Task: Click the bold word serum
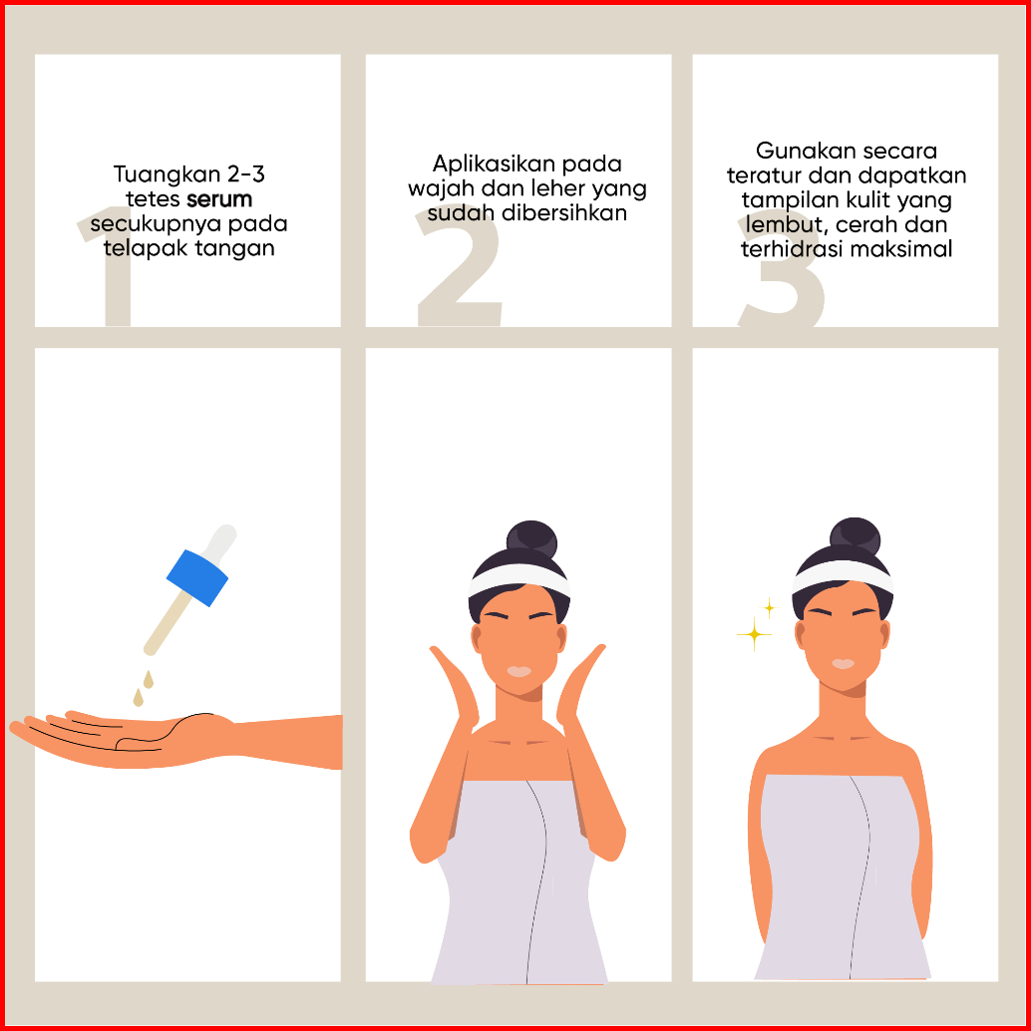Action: pyautogui.click(x=219, y=199)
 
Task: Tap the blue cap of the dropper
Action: pyautogui.click(x=197, y=578)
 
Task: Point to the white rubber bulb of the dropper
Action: pyautogui.click(x=220, y=541)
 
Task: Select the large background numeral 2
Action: pyautogui.click(x=459, y=267)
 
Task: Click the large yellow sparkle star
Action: pyautogui.click(x=754, y=634)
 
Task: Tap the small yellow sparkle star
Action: pyautogui.click(x=769, y=607)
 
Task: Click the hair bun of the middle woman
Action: pyautogui.click(x=531, y=539)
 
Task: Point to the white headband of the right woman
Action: pyautogui.click(x=843, y=576)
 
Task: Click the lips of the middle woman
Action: pyautogui.click(x=518, y=671)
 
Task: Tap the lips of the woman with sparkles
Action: pyautogui.click(x=843, y=664)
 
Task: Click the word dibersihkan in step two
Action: pyautogui.click(x=564, y=213)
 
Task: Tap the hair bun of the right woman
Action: pyautogui.click(x=855, y=536)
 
